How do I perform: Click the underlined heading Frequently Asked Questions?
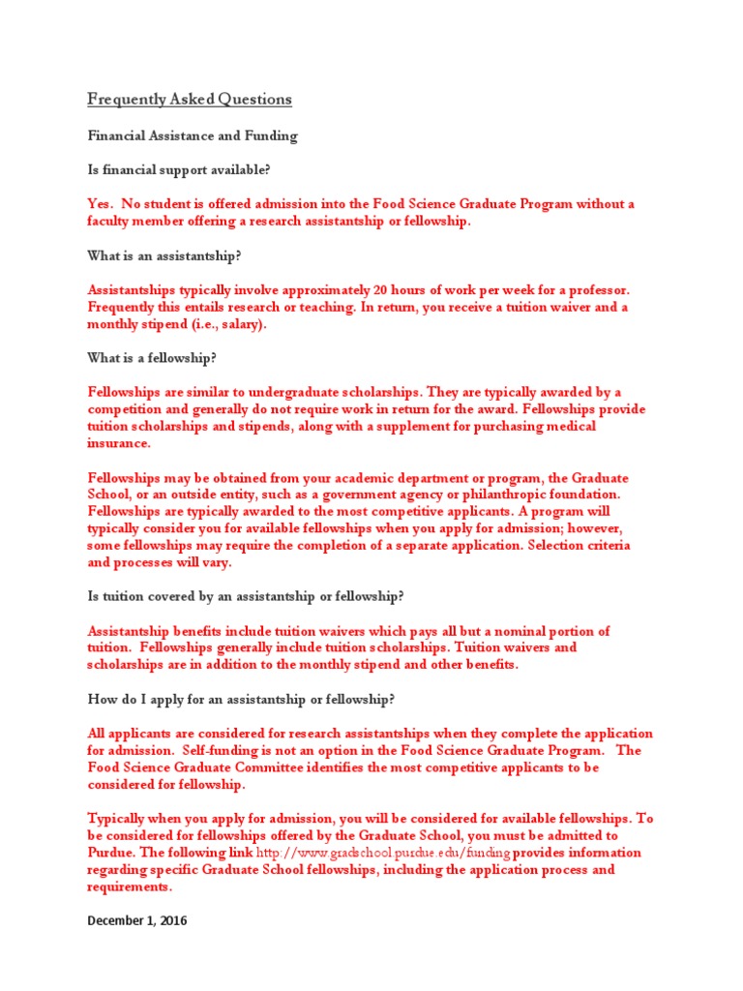coord(190,100)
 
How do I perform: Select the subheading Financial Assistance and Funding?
coord(193,136)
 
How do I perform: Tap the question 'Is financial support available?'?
coord(179,170)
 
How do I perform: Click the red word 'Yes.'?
coord(101,204)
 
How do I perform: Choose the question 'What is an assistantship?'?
coord(163,255)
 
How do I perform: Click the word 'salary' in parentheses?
coord(237,324)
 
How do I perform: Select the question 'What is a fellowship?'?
coord(152,358)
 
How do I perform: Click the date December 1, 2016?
coord(137,920)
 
